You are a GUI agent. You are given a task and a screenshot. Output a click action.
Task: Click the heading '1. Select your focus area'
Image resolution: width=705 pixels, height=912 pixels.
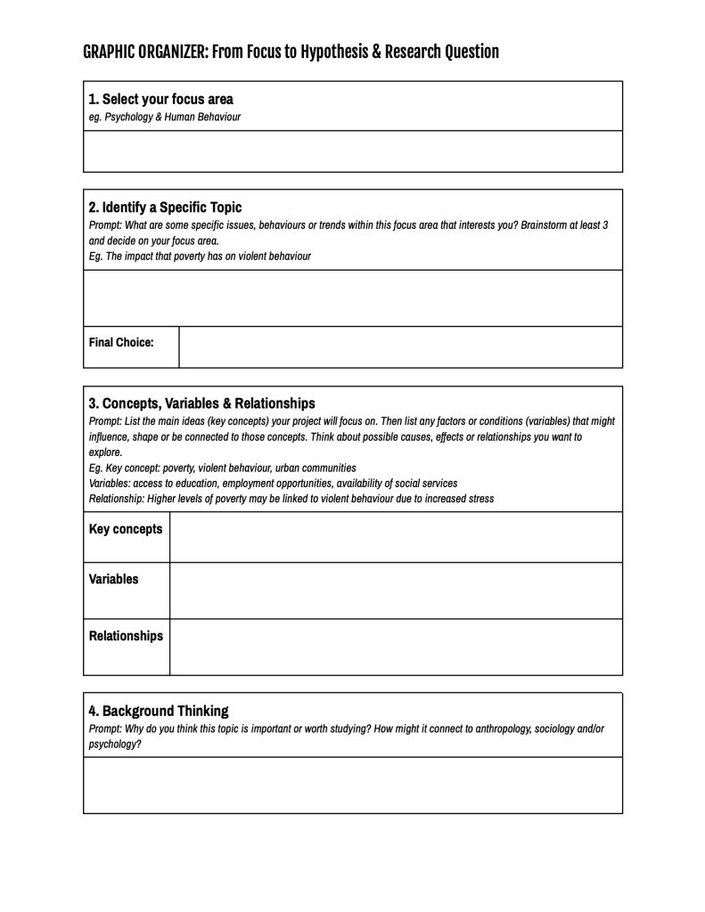tap(160, 99)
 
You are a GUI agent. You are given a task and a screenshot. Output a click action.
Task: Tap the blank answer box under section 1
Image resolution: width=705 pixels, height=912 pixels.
tap(353, 151)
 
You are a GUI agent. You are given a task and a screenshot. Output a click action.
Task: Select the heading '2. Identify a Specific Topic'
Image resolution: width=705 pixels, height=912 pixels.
tap(165, 208)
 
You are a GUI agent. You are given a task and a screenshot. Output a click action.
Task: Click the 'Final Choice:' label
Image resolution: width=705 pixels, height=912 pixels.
tap(121, 342)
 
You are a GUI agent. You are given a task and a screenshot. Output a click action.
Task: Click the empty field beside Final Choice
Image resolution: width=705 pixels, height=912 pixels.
tap(400, 346)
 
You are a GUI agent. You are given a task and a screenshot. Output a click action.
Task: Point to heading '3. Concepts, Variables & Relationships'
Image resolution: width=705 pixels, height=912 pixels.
tap(201, 403)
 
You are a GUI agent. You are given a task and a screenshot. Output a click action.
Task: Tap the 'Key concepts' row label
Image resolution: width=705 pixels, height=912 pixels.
tap(126, 529)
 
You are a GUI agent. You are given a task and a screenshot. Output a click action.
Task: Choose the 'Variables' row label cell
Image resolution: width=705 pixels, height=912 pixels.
tap(114, 579)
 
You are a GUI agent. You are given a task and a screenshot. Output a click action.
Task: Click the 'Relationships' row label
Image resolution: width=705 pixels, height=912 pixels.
tap(126, 636)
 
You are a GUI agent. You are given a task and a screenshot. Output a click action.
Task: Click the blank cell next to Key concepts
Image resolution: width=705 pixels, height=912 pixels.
tap(396, 537)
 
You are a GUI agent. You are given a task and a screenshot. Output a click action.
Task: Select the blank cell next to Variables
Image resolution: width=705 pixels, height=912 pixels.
tap(396, 590)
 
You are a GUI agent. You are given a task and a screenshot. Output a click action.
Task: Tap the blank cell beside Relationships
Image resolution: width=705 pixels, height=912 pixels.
tap(396, 647)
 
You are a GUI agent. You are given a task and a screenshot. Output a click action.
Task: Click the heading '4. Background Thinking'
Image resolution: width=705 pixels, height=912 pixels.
tap(159, 711)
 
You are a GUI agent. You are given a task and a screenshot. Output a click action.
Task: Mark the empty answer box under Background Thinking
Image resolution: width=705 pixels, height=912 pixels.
tap(353, 785)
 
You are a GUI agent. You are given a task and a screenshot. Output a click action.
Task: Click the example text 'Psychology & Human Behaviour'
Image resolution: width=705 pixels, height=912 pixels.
tap(173, 117)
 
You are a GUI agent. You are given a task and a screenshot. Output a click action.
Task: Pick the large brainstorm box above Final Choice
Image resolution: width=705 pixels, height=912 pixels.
tap(353, 297)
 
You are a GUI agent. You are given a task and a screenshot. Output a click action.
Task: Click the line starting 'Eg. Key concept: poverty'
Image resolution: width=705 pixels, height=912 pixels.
tap(222, 468)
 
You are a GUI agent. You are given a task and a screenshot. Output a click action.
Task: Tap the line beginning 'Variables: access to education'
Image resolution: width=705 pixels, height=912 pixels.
tap(273, 483)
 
